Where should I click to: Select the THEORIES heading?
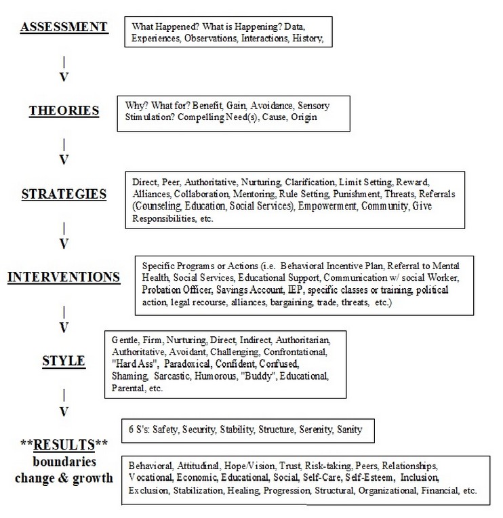(x=64, y=110)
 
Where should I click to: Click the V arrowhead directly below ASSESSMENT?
(x=64, y=77)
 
